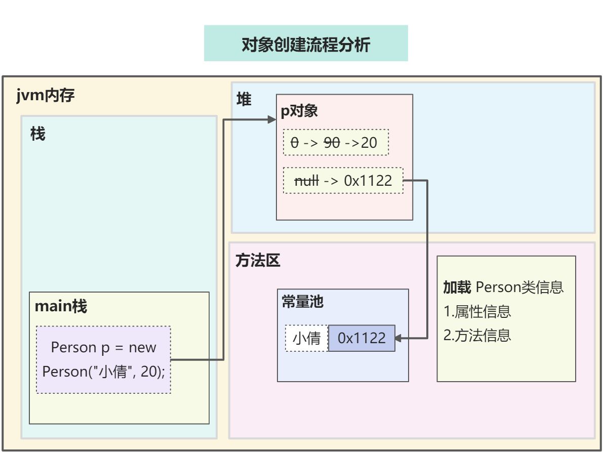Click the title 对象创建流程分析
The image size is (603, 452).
click(306, 44)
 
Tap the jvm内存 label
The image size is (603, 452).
click(45, 96)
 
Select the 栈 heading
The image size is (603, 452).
click(37, 134)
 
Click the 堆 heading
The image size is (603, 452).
click(244, 100)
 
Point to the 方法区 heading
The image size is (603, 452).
click(258, 261)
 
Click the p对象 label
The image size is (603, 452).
click(299, 111)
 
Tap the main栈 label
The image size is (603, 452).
click(61, 306)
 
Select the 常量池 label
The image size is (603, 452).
click(302, 302)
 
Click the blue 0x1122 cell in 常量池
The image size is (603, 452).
click(361, 338)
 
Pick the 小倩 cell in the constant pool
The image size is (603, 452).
click(307, 338)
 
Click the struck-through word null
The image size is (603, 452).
click(306, 181)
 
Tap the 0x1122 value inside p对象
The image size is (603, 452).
click(368, 181)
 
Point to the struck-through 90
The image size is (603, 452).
click(332, 143)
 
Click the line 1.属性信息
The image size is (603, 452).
click(477, 311)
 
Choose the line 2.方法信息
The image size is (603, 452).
click(477, 335)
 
